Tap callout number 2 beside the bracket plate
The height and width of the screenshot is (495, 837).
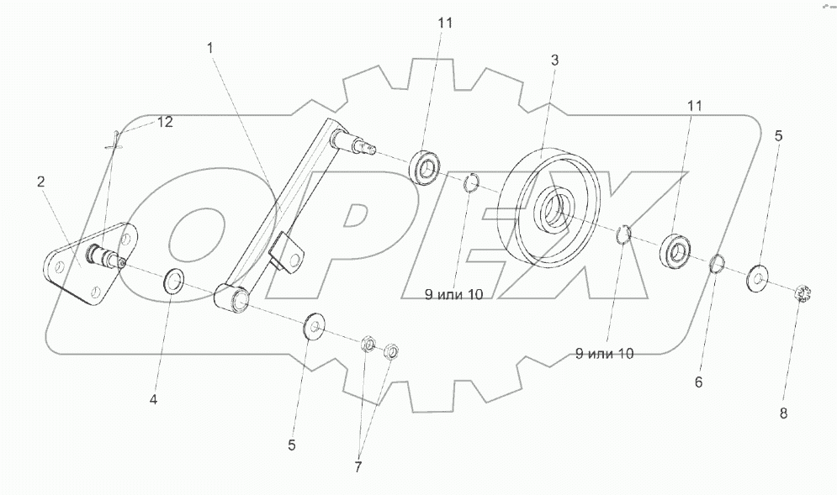pyautogui.click(x=40, y=181)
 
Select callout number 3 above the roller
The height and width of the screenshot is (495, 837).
pyautogui.click(x=554, y=61)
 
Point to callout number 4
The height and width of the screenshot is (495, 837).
pyautogui.click(x=153, y=399)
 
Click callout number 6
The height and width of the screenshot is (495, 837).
pyautogui.click(x=698, y=382)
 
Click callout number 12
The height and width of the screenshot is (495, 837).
pyautogui.click(x=164, y=122)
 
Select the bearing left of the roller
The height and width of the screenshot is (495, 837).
pyautogui.click(x=425, y=167)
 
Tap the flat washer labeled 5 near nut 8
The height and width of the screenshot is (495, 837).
pyautogui.click(x=760, y=275)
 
